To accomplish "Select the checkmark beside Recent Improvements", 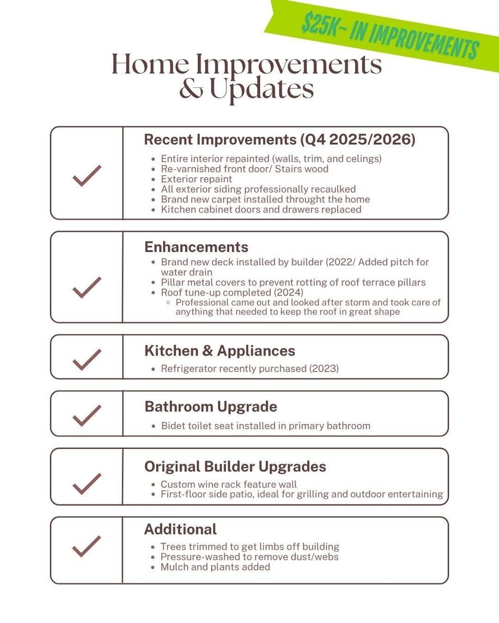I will (87, 175).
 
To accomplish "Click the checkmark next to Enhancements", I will (87, 287).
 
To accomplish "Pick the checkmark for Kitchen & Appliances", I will (87, 359).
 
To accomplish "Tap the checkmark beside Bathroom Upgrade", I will (87, 415).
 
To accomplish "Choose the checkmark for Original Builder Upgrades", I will (87, 483).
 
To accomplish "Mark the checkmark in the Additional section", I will (87, 546).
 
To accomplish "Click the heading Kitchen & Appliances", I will (220, 351).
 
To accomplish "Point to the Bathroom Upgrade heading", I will (211, 406).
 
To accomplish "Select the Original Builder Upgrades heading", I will (235, 466).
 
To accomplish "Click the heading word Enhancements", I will (196, 247).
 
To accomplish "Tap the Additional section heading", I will (181, 529).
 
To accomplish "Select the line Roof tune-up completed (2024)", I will (224, 292).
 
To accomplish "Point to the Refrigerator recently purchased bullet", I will (249, 369).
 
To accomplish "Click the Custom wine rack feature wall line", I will (229, 484).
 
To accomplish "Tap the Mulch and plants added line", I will (215, 567).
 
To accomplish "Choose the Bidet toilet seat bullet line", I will (265, 425).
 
